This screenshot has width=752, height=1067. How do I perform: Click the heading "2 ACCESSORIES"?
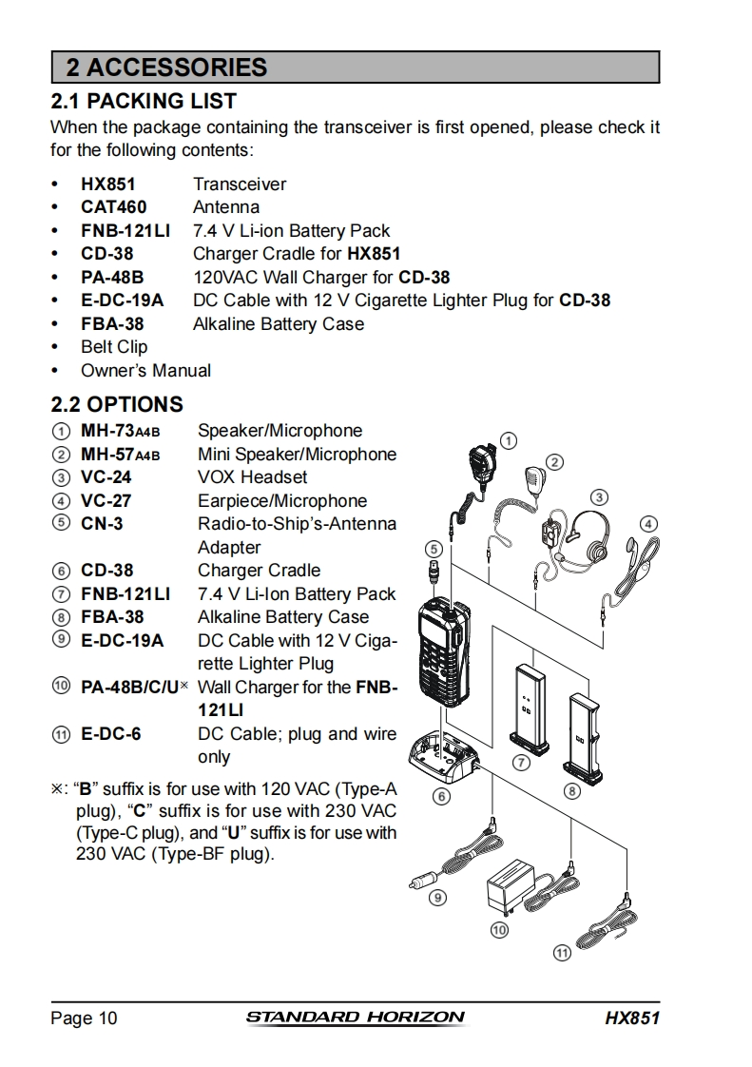(166, 68)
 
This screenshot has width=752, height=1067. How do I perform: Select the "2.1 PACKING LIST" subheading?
(144, 101)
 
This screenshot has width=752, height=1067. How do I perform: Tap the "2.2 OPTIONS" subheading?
(117, 404)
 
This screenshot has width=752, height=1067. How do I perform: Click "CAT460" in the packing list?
(113, 207)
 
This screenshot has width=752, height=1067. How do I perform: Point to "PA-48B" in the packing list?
(112, 278)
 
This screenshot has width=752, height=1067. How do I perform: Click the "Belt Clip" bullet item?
(114, 347)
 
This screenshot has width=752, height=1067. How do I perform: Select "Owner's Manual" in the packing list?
(145, 371)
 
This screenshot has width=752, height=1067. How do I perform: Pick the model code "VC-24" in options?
(106, 477)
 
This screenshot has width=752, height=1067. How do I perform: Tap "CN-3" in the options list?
(102, 524)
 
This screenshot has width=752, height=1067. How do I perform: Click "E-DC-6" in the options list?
(110, 734)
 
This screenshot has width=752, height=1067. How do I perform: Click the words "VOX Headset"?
(253, 477)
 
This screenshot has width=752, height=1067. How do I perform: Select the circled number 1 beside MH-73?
(61, 432)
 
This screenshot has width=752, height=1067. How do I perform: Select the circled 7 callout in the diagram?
(521, 763)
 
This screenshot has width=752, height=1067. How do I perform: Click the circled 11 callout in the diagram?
(563, 952)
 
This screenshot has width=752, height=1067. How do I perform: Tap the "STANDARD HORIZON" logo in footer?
(356, 1018)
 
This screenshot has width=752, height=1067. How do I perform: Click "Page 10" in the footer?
(85, 1018)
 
